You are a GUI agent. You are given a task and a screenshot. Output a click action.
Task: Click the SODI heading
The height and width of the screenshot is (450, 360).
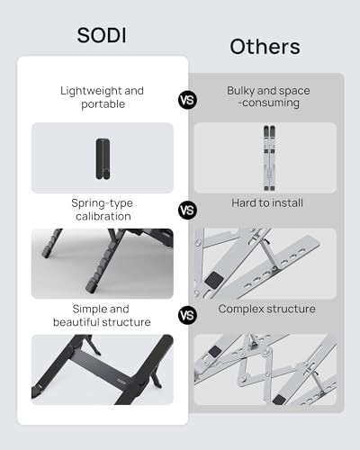click(102, 35)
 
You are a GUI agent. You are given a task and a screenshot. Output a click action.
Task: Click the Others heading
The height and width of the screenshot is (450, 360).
click(265, 47)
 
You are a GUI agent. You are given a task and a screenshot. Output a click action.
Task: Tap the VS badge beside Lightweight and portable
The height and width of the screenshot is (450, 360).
click(188, 100)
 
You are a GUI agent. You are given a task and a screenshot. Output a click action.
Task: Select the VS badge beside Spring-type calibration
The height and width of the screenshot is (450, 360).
click(188, 211)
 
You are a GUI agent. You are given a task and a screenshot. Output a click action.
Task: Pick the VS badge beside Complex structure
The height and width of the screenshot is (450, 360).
click(188, 315)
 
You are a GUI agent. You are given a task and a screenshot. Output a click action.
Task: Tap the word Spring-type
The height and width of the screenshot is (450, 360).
click(102, 203)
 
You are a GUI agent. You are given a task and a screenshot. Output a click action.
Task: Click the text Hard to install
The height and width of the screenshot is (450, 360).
click(267, 203)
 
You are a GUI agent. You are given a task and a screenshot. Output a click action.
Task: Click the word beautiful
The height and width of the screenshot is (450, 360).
click(76, 322)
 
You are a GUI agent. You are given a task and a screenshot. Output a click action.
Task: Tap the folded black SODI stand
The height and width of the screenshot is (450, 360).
click(103, 158)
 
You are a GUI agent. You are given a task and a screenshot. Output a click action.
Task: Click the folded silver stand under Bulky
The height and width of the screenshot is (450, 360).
click(269, 158)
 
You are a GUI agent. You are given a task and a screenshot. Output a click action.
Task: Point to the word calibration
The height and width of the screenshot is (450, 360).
click(103, 216)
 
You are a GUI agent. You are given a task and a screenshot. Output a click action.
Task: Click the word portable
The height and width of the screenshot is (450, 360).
click(103, 104)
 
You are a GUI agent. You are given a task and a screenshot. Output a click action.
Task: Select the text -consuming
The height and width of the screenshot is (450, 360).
click(269, 103)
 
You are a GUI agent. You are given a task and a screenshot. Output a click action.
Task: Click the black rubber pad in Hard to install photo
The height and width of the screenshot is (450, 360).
click(214, 280)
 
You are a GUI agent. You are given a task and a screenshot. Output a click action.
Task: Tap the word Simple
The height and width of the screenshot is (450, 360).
click(85, 309)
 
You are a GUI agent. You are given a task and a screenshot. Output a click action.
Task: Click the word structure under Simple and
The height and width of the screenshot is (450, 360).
click(126, 322)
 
